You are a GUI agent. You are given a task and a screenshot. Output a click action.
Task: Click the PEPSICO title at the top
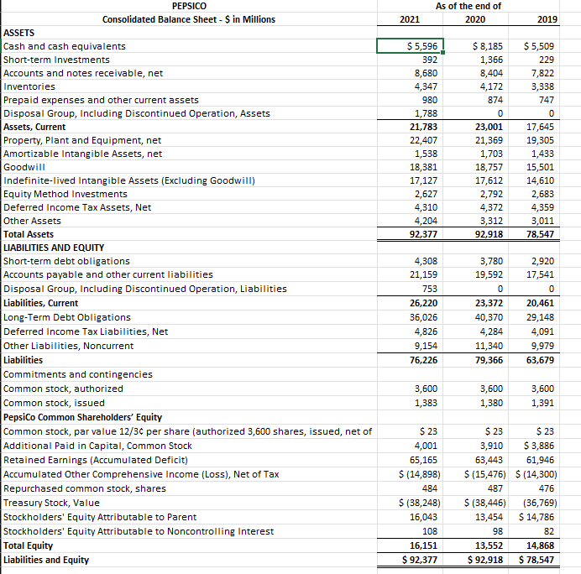188,6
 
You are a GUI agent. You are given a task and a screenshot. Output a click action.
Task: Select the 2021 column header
411,19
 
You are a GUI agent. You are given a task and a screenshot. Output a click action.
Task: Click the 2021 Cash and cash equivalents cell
410,46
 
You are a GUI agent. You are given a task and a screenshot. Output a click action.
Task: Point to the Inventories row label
29,86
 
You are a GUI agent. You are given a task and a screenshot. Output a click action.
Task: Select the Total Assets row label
29,235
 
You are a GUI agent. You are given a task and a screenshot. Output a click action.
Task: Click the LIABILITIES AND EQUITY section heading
54,248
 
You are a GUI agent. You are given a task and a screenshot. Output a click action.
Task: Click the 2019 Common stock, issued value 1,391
543,404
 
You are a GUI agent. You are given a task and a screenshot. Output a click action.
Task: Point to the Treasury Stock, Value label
52,503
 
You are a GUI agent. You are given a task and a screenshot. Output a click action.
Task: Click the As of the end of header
468,6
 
